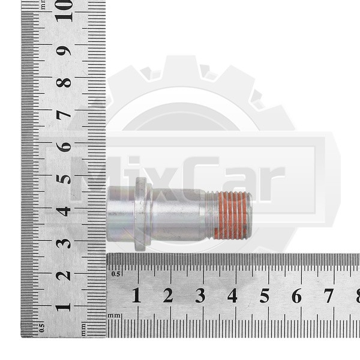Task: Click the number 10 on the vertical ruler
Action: [64, 11]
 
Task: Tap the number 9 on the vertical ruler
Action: [64, 51]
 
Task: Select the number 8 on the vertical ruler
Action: [64, 83]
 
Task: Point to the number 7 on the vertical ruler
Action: [64, 115]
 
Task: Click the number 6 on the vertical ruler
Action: [64, 148]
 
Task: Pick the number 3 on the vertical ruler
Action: [64, 244]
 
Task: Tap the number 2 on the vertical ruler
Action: [64, 275]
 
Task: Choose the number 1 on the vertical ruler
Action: [63, 308]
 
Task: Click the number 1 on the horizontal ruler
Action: [136, 295]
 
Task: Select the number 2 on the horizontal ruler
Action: [168, 295]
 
